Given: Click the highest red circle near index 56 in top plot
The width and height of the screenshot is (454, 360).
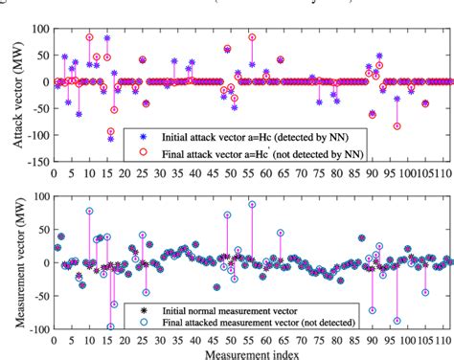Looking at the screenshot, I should (252, 37).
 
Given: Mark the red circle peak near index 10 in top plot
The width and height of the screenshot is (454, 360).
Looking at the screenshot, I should (89, 37).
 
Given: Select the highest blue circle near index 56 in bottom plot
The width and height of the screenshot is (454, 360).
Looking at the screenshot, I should (252, 204).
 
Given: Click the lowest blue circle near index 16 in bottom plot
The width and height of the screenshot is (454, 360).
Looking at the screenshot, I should (110, 326).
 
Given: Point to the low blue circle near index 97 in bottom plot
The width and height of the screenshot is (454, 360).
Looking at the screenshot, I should (397, 321).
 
